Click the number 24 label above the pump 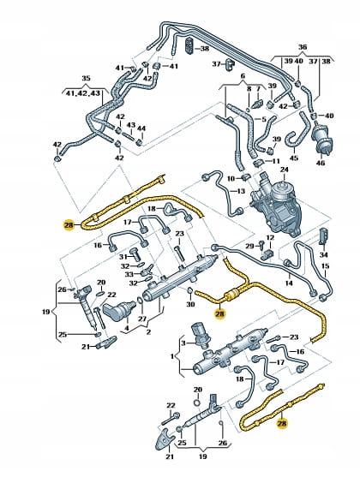click(x=284, y=170)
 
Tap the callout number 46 click(x=321, y=163)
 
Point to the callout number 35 click(x=86, y=78)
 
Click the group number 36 click(x=303, y=47)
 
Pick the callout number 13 click(x=241, y=191)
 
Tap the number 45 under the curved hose click(x=294, y=158)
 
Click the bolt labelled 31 click(x=135, y=254)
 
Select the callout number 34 click(x=324, y=255)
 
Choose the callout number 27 click(x=142, y=319)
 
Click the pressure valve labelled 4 click(x=120, y=311)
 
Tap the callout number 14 click(x=289, y=283)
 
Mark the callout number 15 click(x=325, y=265)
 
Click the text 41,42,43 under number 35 click(x=83, y=92)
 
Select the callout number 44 click(x=141, y=128)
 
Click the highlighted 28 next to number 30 click(x=220, y=314)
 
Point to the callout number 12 click(x=270, y=237)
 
